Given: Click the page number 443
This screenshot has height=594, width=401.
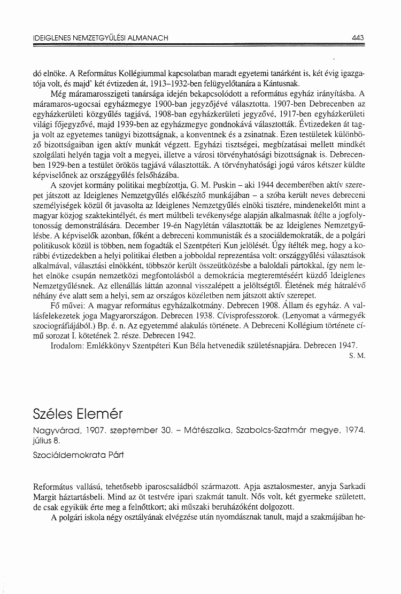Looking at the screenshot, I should point(358,38).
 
